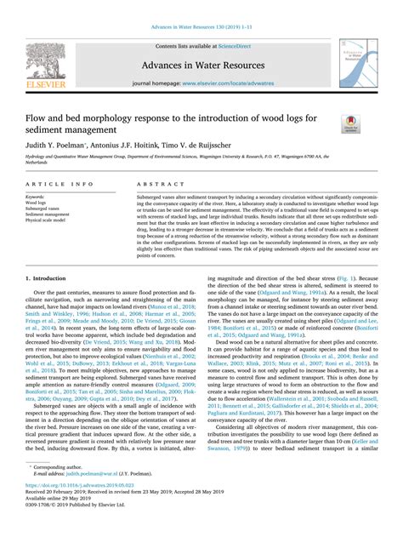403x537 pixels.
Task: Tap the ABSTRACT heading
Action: point(151,184)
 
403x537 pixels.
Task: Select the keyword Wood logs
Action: point(37,203)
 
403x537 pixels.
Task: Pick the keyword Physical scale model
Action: point(51,220)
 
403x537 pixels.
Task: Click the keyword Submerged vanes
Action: point(43,209)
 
